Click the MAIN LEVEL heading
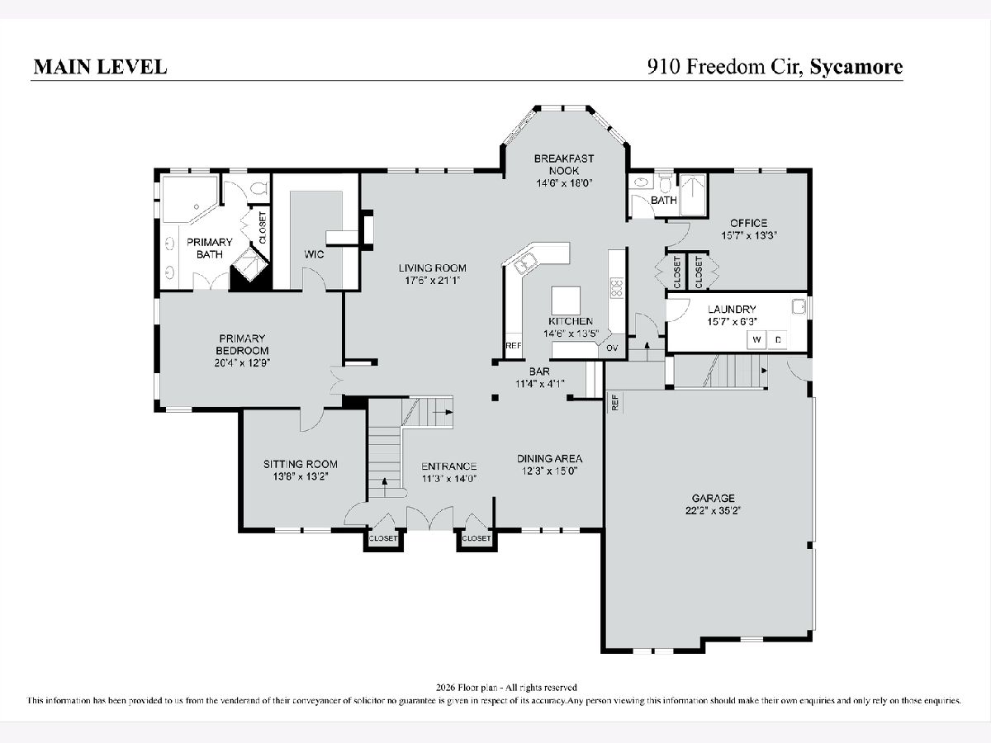pyautogui.click(x=100, y=67)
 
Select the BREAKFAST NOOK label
pyautogui.click(x=564, y=164)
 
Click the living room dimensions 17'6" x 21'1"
pyautogui.click(x=433, y=281)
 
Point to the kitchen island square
pyautogui.click(x=566, y=301)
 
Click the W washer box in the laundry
pyautogui.click(x=756, y=339)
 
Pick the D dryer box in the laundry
pyautogui.click(x=778, y=339)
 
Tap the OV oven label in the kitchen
pyautogui.click(x=612, y=348)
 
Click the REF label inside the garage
pyautogui.click(x=614, y=402)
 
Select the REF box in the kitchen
pyautogui.click(x=514, y=346)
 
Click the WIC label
pyautogui.click(x=314, y=254)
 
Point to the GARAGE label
pyautogui.click(x=714, y=498)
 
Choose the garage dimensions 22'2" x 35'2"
pyautogui.click(x=714, y=510)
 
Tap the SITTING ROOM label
pyautogui.click(x=301, y=464)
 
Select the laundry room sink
pyautogui.click(x=799, y=306)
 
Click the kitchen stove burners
pyautogui.click(x=617, y=287)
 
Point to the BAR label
pyautogui.click(x=539, y=371)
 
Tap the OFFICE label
pyautogui.click(x=748, y=223)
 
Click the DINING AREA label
pyautogui.click(x=549, y=459)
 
